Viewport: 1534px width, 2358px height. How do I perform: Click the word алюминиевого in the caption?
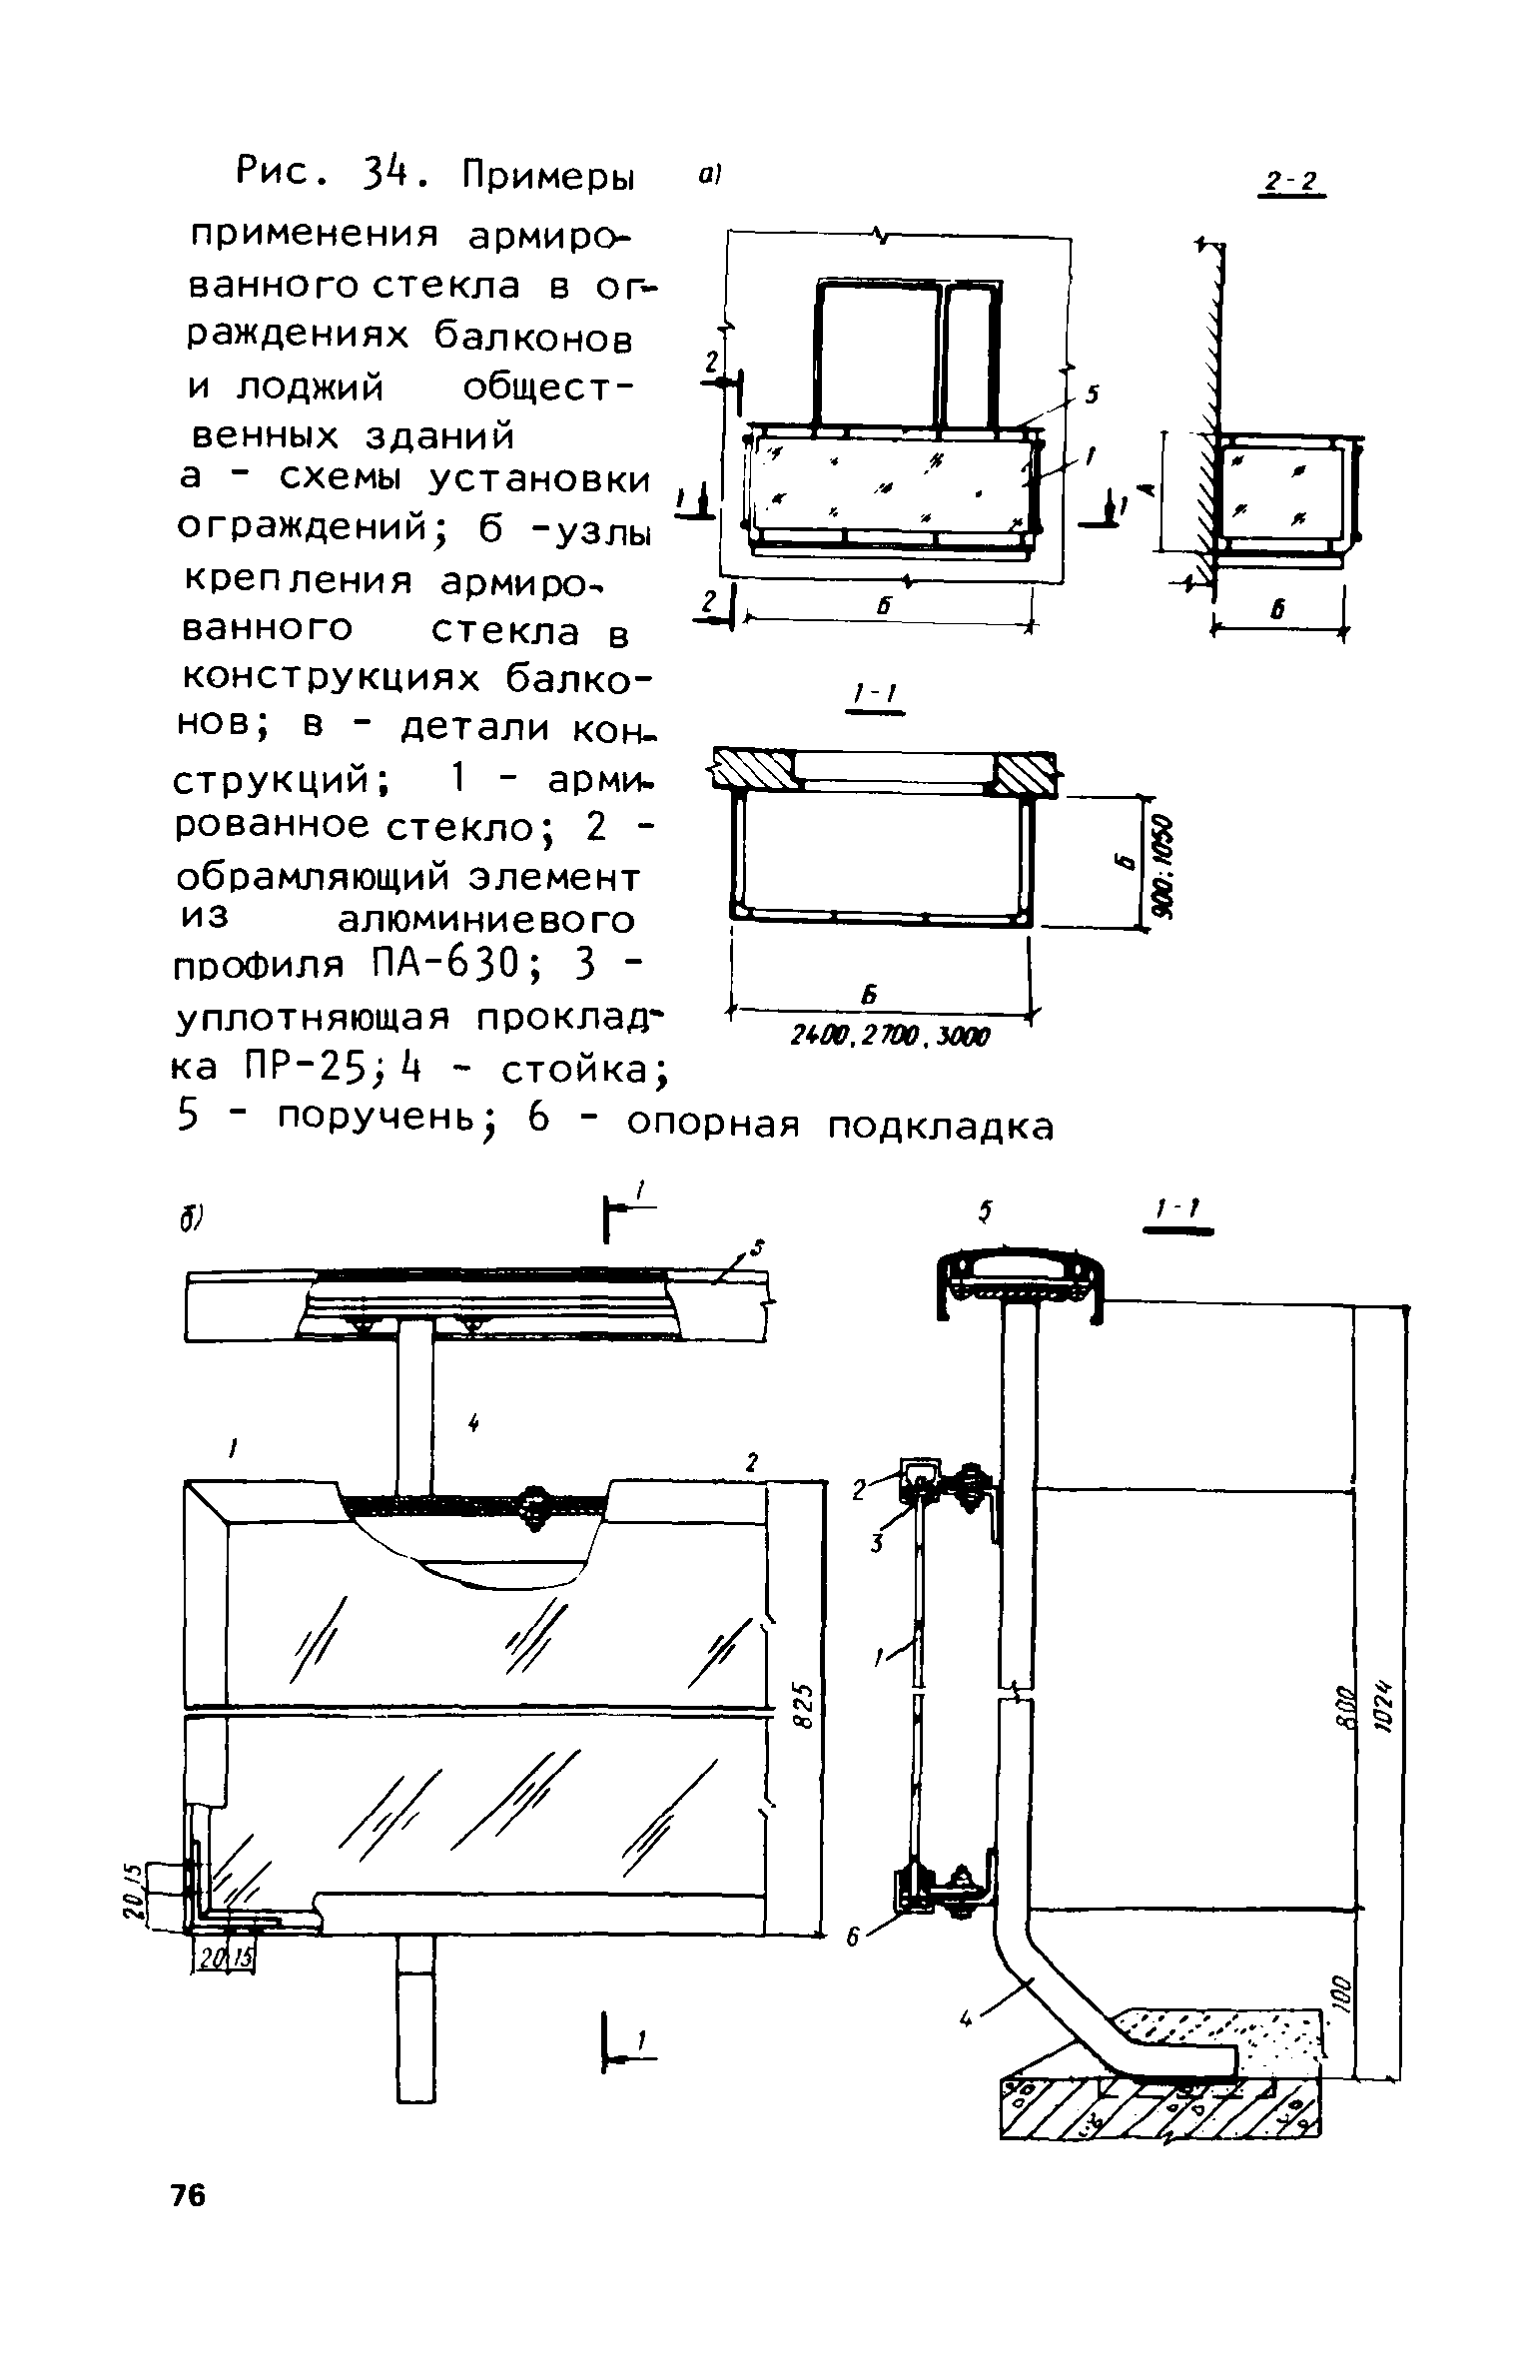[486, 919]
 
